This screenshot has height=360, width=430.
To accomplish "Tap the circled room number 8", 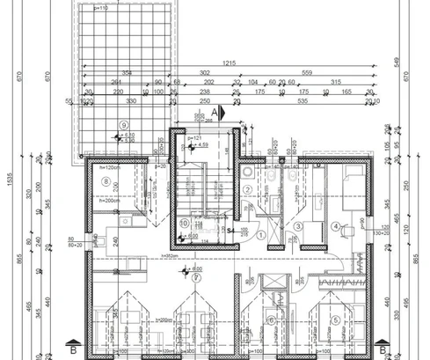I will point(106,181).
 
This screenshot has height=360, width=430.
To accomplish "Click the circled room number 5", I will point(335,320).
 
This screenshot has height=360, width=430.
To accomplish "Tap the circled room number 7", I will point(270,320).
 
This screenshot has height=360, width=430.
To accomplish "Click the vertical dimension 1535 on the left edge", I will point(8,180).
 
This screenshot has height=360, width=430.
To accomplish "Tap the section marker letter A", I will point(215,113).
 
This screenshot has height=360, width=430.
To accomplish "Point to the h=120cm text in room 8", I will point(108,167).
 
